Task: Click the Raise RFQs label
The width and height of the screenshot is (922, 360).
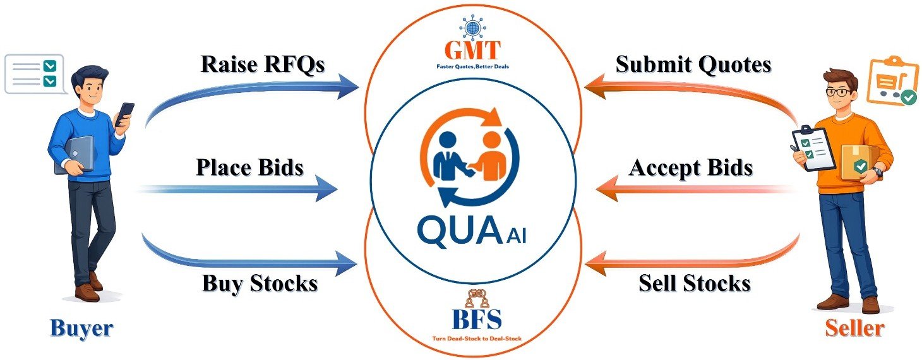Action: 263,64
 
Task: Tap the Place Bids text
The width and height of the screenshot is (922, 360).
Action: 249,167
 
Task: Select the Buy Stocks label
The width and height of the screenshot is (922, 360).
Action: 260,283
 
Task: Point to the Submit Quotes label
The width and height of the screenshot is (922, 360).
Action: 693,64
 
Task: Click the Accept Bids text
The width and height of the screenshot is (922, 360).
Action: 691,167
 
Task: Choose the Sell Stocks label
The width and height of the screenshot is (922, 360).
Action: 694,283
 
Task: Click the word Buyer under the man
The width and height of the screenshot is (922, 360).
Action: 81,328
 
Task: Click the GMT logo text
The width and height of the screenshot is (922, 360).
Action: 472,50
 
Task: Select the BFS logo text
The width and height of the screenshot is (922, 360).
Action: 477,320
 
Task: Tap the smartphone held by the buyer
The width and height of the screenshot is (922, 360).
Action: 126,114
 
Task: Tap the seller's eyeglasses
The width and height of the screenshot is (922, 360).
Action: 838,92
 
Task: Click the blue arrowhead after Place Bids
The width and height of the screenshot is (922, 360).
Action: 327,188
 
